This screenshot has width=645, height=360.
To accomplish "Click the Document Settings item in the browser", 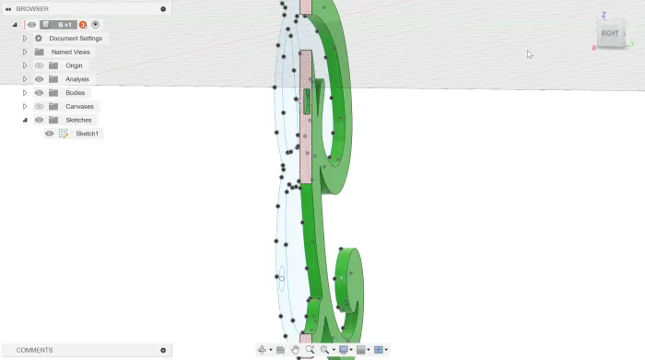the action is tap(76, 39).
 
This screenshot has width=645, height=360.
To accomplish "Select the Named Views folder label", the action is tap(70, 52).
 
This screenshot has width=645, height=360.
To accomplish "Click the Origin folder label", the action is tap(74, 65).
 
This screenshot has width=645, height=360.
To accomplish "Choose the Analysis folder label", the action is tap(77, 79).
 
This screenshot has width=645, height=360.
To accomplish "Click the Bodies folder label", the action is tap(75, 92).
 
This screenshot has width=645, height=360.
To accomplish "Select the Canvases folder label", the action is tap(79, 106).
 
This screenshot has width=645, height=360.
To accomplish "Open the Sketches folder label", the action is tap(78, 120).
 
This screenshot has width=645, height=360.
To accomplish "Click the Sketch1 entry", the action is tap(87, 134).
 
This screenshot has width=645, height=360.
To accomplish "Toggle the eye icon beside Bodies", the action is tap(39, 93).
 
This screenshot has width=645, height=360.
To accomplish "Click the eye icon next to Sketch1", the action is tap(50, 134).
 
